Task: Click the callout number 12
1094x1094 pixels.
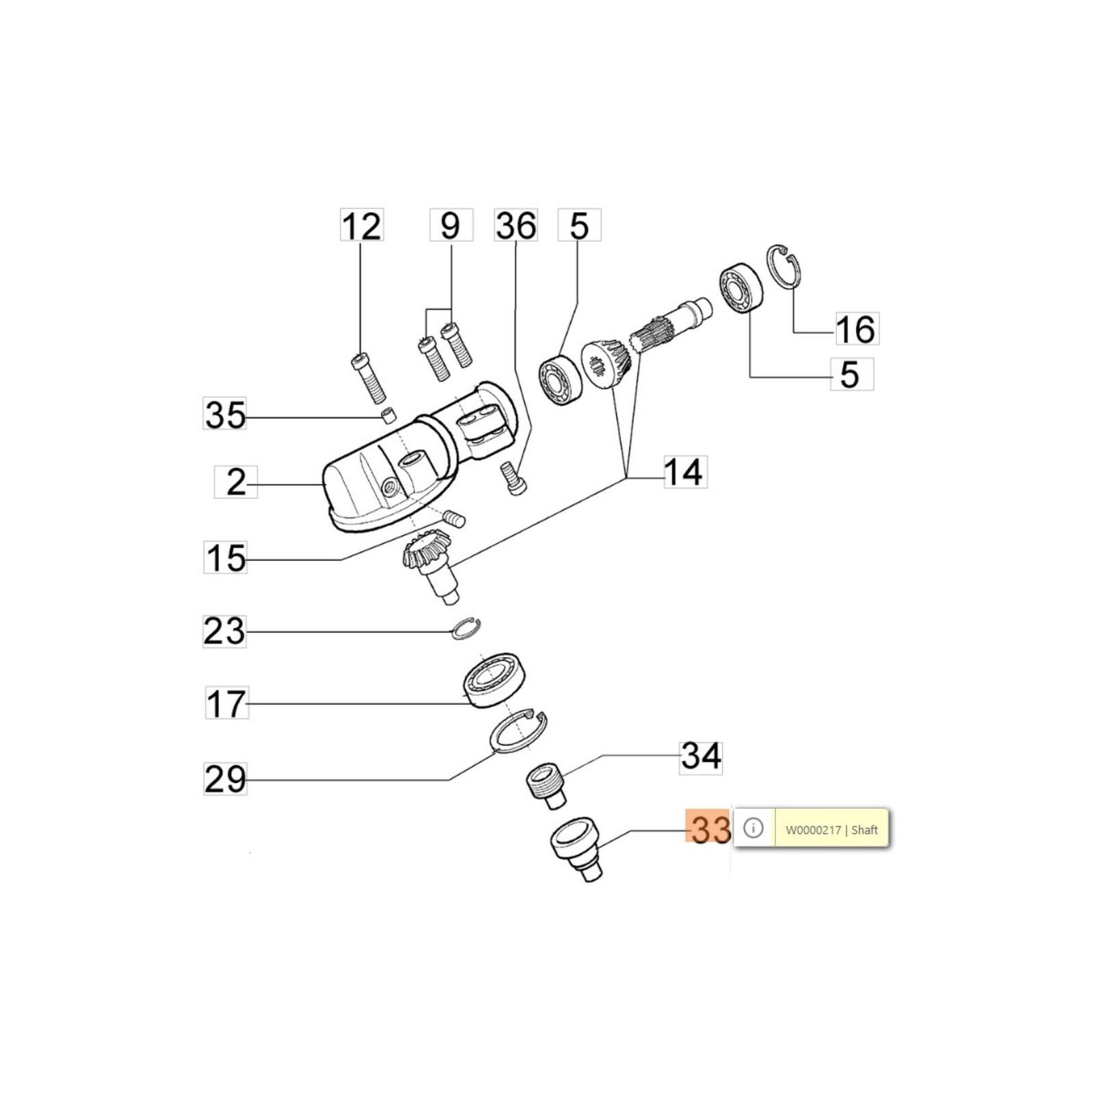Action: [362, 226]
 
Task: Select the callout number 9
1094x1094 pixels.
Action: [451, 226]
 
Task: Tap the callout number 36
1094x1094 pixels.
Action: [516, 226]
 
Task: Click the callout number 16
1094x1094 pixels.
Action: [855, 330]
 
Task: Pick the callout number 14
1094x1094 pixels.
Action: [684, 472]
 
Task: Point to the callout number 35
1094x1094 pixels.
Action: [225, 414]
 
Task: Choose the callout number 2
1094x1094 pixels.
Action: [236, 482]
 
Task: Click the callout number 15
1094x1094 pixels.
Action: [226, 557]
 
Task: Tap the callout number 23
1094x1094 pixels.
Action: [224, 630]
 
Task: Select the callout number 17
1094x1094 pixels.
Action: [226, 704]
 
